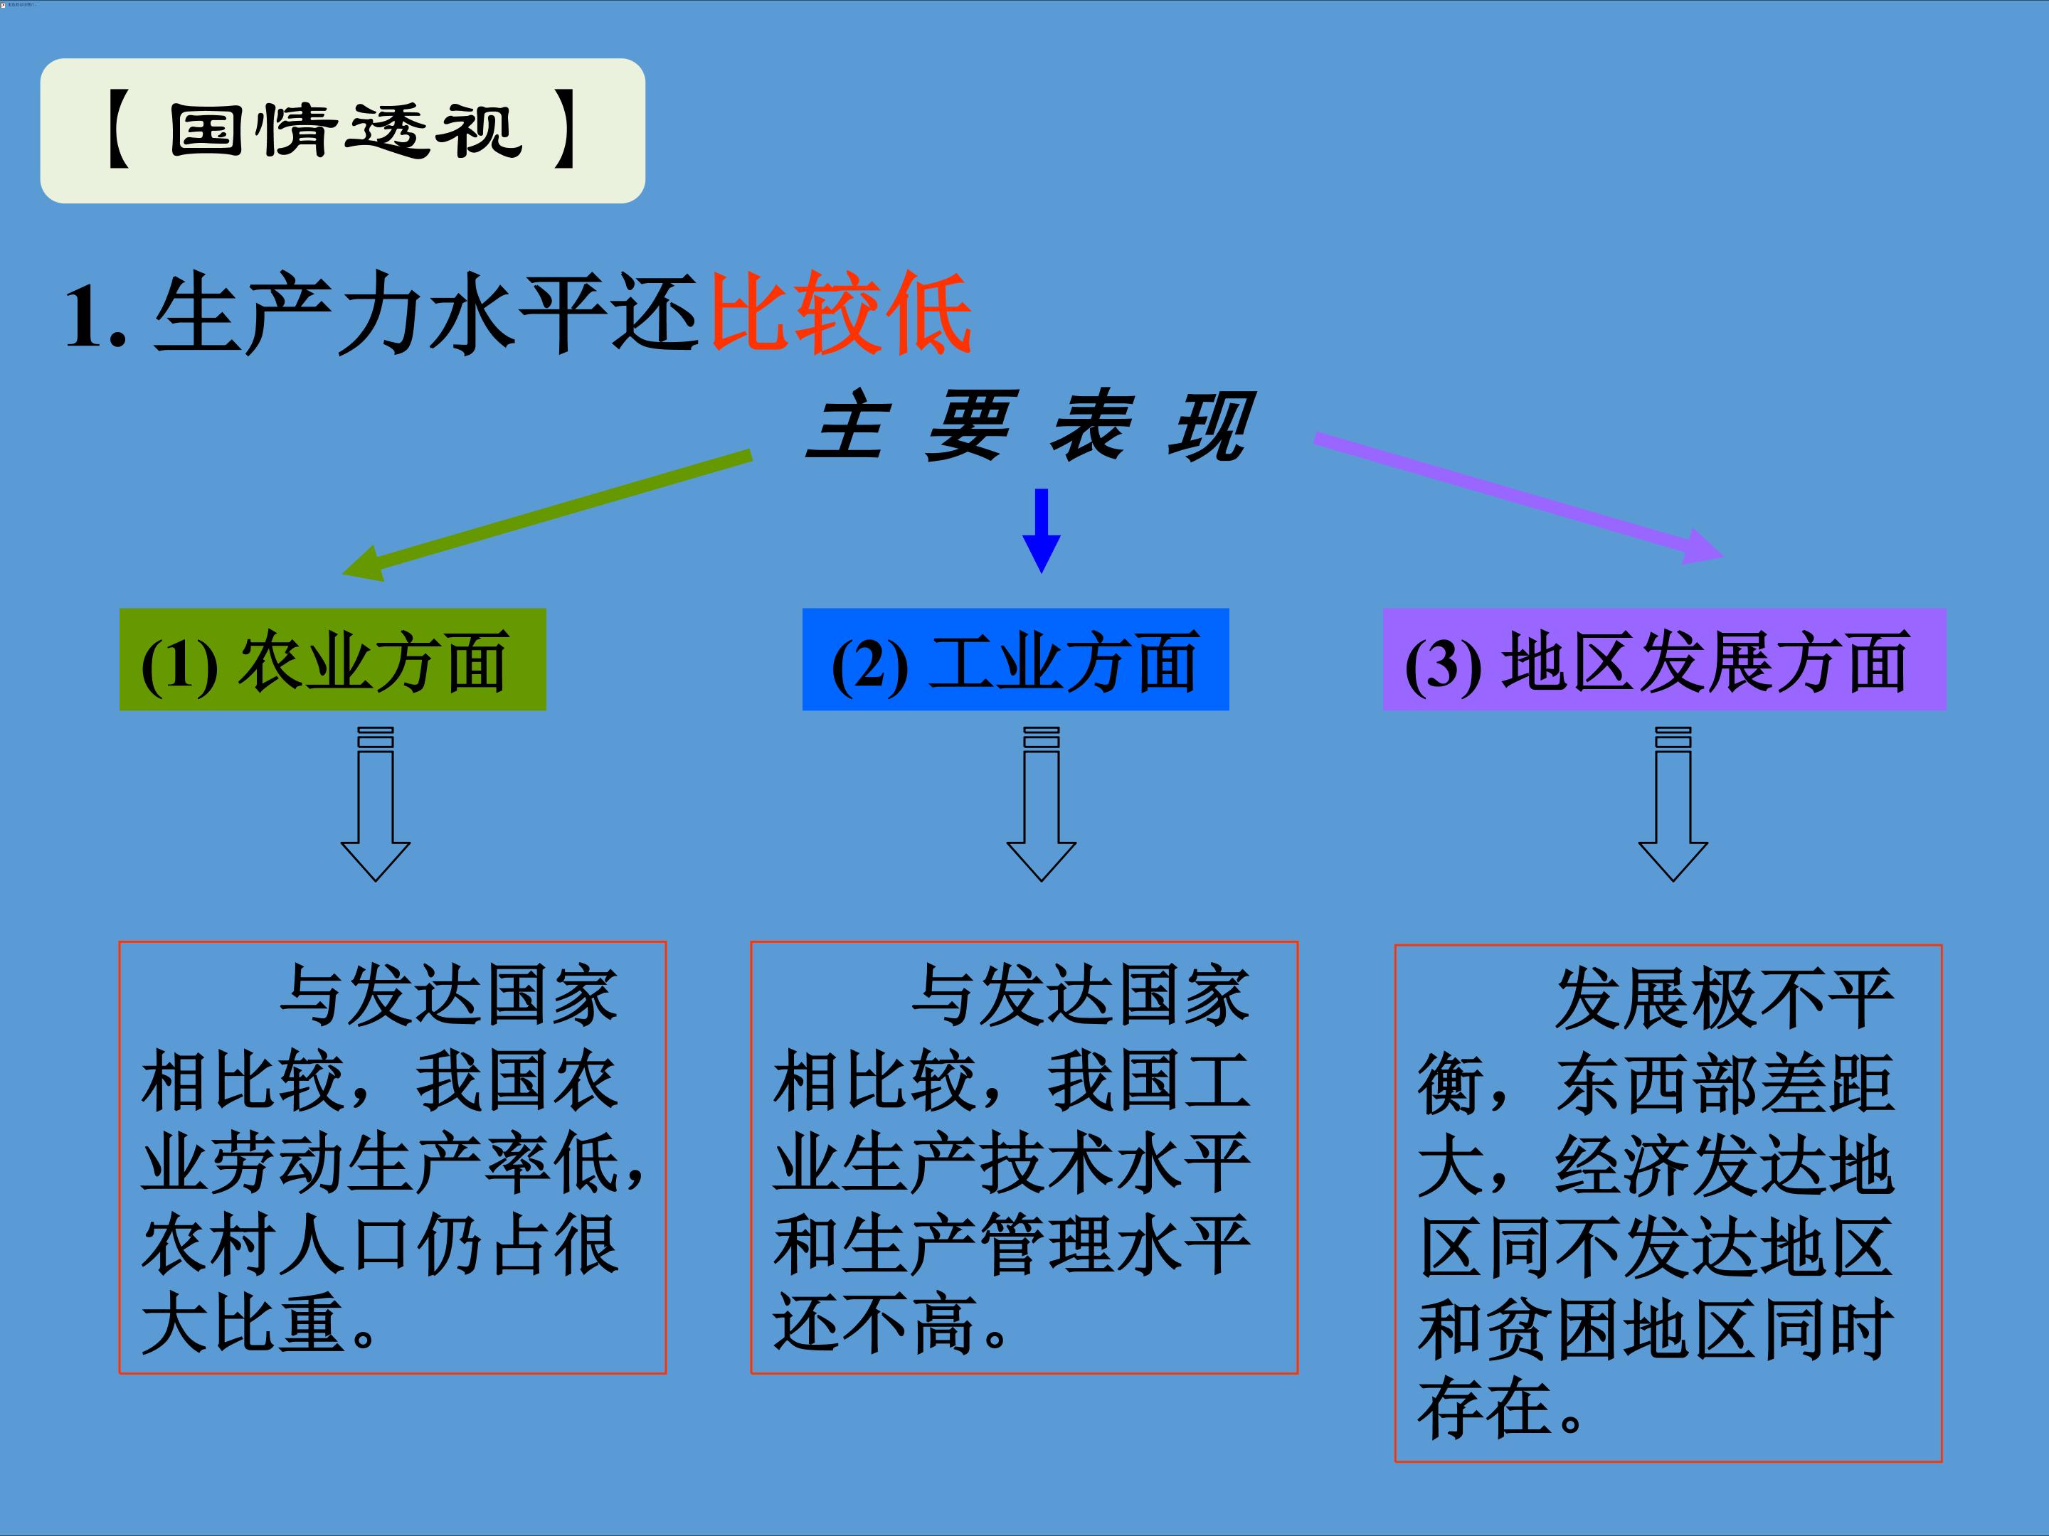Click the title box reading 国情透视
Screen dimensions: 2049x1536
pos(343,131)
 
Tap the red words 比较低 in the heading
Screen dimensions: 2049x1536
pos(841,313)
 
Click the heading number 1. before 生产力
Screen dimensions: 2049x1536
pos(95,316)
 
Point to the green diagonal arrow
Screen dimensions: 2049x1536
pos(546,515)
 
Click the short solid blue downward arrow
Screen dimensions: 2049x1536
pos(1041,531)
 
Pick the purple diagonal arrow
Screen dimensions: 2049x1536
pos(1519,498)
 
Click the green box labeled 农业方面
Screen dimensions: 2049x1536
pos(332,659)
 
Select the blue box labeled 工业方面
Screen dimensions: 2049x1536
pos(1015,659)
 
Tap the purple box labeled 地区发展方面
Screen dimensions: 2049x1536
pos(1665,659)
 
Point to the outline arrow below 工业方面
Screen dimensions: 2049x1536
pos(1041,804)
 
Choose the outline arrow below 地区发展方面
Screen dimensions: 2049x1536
pos(1673,804)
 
